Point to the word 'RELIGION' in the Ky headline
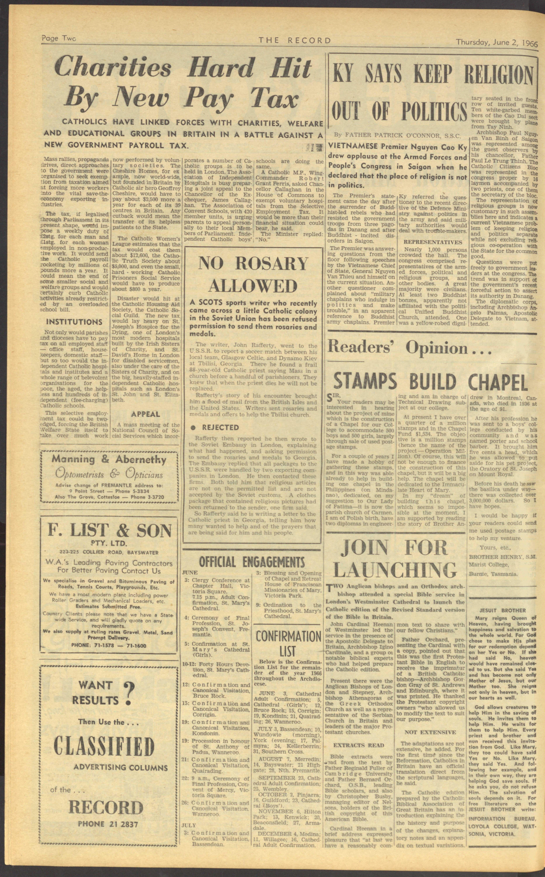pos(498,76)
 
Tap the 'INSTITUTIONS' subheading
pos(74,322)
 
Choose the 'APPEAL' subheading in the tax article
pos(146,414)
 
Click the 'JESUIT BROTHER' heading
pos(503,610)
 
